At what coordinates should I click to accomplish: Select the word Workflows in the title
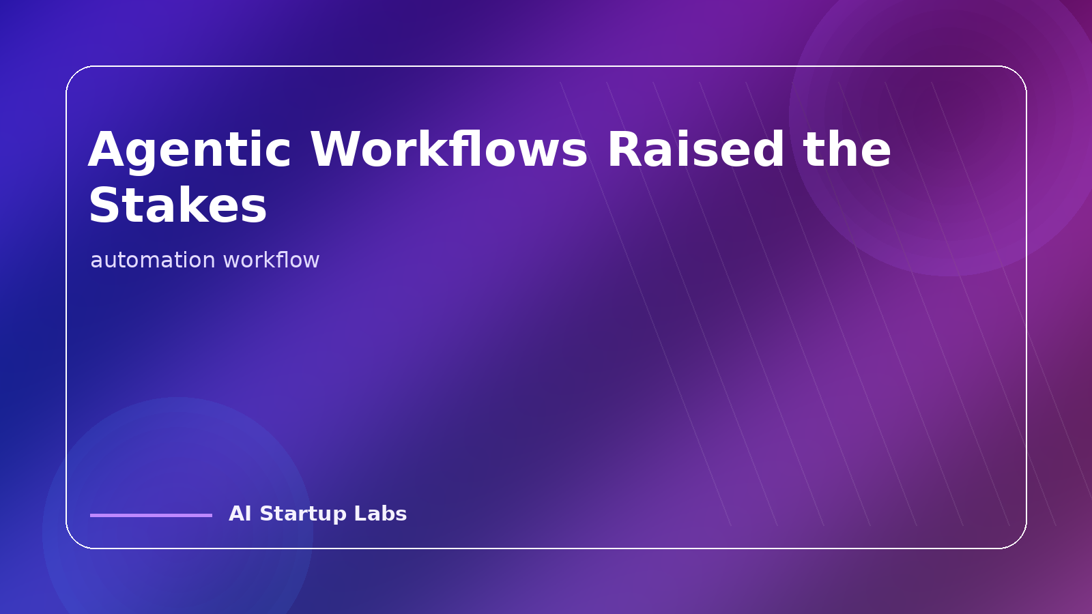click(448, 150)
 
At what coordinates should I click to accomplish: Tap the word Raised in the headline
click(695, 150)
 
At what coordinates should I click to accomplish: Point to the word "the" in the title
click(847, 150)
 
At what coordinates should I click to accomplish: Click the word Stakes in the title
click(177, 206)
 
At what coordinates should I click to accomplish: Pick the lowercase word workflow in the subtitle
click(271, 260)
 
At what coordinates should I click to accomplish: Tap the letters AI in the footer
click(240, 514)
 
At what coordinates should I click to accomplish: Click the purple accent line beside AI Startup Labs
click(151, 515)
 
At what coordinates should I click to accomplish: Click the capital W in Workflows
click(336, 150)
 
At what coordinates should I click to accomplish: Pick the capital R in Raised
click(623, 150)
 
